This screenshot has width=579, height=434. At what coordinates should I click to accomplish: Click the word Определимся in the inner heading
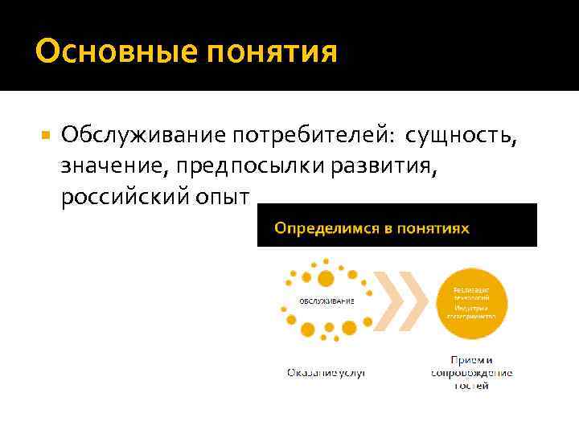(x=325, y=228)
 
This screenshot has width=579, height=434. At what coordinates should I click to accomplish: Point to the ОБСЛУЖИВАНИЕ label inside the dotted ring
(x=326, y=301)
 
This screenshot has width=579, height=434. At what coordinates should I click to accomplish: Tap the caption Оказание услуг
(x=326, y=373)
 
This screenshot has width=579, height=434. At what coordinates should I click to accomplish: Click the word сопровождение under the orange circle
(x=471, y=373)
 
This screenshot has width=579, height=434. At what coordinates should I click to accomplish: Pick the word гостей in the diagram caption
(x=471, y=386)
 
